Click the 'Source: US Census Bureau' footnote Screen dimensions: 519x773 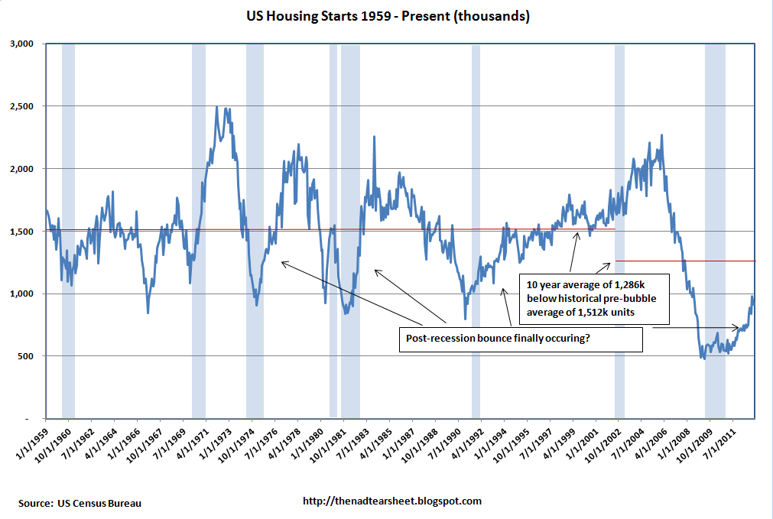(x=80, y=502)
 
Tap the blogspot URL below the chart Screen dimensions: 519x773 (x=392, y=501)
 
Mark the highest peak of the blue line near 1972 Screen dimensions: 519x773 (x=217, y=108)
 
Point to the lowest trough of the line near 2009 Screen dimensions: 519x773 (x=703, y=358)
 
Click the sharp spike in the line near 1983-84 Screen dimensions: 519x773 (x=374, y=138)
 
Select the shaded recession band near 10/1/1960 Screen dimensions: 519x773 (x=68, y=229)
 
